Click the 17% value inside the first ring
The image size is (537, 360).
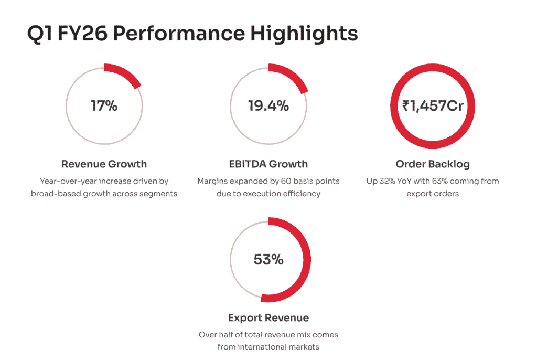click(x=104, y=105)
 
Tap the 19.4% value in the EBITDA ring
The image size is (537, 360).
click(x=268, y=105)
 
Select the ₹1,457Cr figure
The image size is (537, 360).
click(x=433, y=105)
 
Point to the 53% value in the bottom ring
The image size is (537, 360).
click(x=268, y=259)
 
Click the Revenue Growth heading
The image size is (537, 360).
click(x=104, y=164)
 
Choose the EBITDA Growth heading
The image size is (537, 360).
click(x=268, y=164)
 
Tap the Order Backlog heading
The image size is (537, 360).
click(x=433, y=164)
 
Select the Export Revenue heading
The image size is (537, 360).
click(x=268, y=317)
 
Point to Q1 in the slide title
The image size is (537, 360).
click(x=40, y=34)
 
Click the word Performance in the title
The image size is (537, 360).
click(x=179, y=34)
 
